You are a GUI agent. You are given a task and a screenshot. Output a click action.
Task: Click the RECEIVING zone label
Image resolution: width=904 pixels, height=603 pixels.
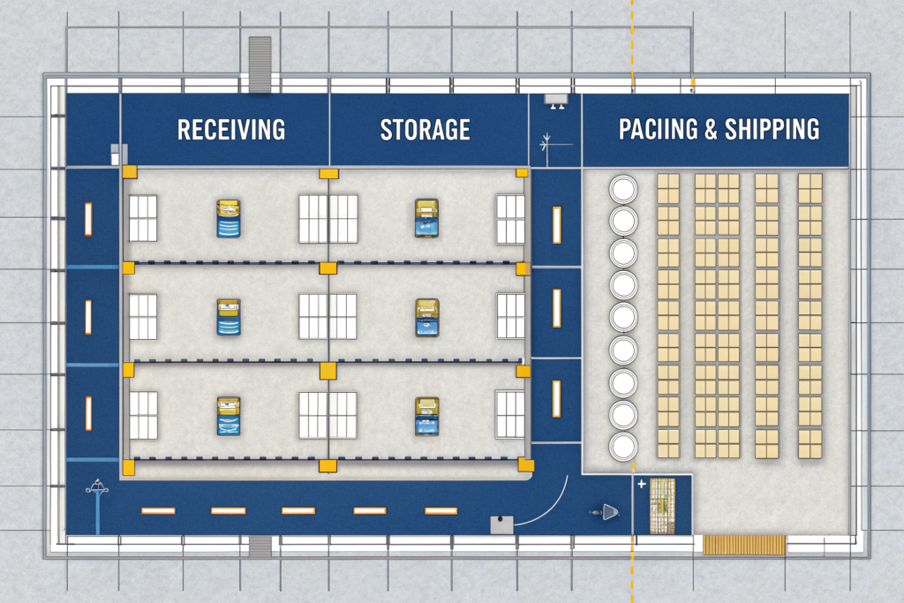231,130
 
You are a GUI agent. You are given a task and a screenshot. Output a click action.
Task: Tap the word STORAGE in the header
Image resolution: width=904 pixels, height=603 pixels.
425,130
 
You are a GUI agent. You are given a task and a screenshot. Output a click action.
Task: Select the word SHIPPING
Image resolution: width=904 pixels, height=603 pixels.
772,130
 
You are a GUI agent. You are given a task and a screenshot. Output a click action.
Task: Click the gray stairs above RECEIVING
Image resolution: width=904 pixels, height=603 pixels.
260,64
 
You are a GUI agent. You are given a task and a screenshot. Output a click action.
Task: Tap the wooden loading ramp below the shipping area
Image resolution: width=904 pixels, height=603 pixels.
744,545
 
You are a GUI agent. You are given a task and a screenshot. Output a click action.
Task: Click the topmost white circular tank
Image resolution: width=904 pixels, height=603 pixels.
624,189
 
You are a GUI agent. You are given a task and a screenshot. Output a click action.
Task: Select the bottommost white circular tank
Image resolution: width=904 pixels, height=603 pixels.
624,446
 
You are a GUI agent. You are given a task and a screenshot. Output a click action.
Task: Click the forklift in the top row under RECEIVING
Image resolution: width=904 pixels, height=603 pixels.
229,218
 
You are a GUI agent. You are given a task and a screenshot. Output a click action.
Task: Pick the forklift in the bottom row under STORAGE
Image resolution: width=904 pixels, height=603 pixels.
426,416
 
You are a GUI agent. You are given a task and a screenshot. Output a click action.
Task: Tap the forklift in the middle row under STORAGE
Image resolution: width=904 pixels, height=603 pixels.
426,317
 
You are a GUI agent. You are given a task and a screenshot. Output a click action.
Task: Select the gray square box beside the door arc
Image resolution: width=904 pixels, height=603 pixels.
501,524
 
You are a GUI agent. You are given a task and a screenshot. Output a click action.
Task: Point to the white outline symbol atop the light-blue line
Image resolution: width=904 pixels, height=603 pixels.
96,485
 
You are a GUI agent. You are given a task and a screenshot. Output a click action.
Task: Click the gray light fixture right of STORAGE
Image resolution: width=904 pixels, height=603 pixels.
556,100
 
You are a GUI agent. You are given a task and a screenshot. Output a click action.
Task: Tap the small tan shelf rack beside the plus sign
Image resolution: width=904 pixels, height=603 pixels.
661,505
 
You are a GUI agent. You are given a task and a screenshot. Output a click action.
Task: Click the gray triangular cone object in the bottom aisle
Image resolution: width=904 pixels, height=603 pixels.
608,511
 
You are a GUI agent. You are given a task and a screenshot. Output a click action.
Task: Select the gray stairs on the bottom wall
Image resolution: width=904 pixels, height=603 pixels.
260,546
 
